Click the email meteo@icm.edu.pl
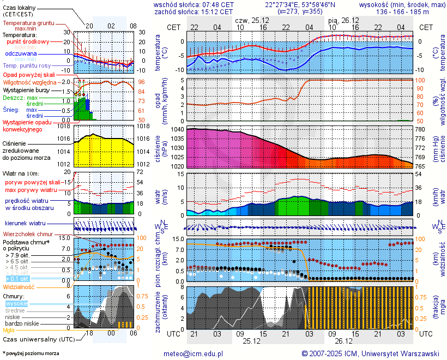point(194,353)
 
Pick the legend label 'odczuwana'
point(21,54)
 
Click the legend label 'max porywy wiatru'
point(31,190)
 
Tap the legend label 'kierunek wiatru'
point(25,224)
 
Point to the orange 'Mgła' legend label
point(9,330)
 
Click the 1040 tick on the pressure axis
point(178,130)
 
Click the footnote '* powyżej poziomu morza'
point(29,353)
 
